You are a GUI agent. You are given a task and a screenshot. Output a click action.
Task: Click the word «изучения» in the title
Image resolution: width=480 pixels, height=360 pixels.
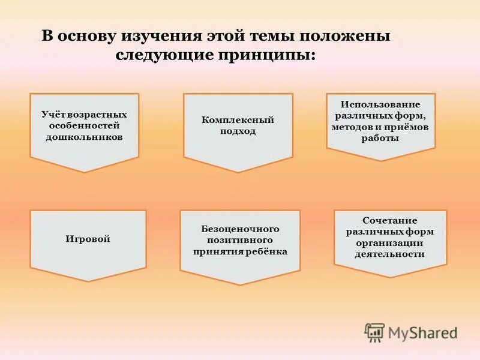(x=160, y=37)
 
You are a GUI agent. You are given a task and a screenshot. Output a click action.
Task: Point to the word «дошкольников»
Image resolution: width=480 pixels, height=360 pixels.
(x=85, y=136)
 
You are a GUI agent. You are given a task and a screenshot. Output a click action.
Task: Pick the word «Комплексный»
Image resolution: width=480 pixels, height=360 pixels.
(x=238, y=120)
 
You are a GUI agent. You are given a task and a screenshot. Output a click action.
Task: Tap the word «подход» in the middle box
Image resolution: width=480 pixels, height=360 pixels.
(x=238, y=131)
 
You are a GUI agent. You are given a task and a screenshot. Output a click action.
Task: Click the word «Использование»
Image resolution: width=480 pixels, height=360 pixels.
(x=380, y=105)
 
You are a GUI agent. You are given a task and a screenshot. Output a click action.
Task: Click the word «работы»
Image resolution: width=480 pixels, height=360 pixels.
(x=380, y=138)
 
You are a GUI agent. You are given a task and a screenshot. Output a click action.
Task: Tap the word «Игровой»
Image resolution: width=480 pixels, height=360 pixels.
(x=88, y=239)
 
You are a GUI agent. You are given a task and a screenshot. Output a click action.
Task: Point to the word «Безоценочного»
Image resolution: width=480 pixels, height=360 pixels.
(x=240, y=229)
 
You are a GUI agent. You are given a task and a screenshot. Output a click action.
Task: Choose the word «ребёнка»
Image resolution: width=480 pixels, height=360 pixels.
(x=268, y=251)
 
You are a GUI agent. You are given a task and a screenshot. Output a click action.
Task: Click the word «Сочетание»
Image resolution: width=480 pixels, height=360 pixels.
(x=390, y=220)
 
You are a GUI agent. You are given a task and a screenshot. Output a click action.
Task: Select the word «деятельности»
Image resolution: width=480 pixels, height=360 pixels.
(x=390, y=254)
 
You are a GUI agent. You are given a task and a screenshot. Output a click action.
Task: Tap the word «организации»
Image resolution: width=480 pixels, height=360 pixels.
(x=390, y=242)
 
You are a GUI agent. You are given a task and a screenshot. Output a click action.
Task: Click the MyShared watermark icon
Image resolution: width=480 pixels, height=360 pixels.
(x=374, y=332)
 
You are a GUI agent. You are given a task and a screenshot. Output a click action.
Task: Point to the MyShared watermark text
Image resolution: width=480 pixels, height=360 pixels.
(x=422, y=332)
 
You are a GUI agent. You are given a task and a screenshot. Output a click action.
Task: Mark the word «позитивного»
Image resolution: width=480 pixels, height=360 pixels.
(x=240, y=240)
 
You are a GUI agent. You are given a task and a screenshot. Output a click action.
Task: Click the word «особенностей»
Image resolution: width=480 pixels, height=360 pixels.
(x=85, y=125)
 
